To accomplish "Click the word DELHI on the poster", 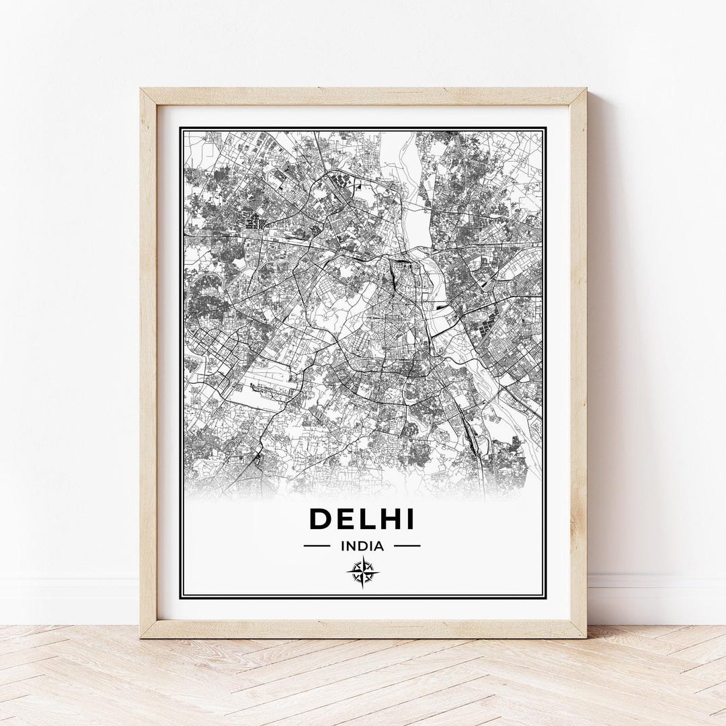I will click(362, 520).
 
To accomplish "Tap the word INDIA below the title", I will click(362, 546).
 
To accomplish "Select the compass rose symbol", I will click(363, 572).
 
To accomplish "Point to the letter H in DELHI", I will click(389, 520).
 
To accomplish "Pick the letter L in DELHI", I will click(366, 520).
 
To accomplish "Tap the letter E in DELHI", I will click(346, 520).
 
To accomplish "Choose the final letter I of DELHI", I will click(410, 520).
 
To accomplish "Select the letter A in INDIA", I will click(379, 546).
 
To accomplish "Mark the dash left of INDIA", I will click(317, 546).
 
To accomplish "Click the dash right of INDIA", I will click(407, 546).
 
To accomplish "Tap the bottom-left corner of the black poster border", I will click(181, 596).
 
